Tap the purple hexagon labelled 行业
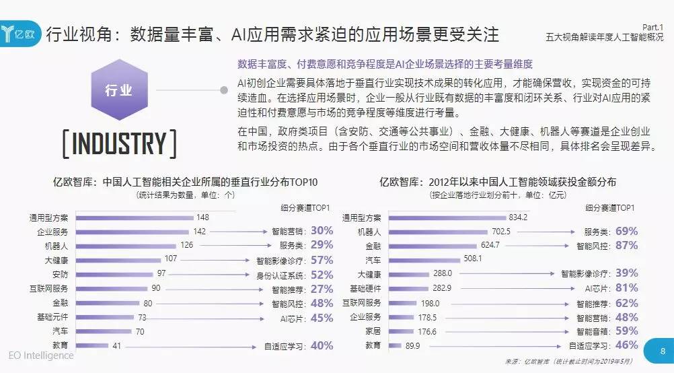click(118, 90)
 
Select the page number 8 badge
click(663, 350)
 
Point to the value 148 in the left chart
click(203, 217)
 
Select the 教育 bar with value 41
click(91, 345)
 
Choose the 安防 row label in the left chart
click(59, 273)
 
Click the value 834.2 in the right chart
click(517, 217)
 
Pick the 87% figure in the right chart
click(626, 246)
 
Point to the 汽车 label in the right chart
click(373, 259)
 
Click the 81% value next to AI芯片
click(626, 288)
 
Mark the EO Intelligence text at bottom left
click(41, 355)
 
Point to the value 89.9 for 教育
click(412, 345)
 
